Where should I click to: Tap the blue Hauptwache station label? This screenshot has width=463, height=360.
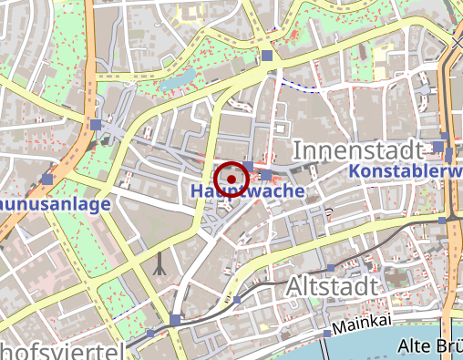click(x=246, y=191)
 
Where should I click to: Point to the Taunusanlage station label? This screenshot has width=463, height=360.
click(x=55, y=203)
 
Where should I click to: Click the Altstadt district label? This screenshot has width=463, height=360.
click(x=331, y=287)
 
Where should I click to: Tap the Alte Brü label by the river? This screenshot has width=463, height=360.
click(x=430, y=345)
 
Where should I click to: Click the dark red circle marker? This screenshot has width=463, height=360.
click(x=233, y=178)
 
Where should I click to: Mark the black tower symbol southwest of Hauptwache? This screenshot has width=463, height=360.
click(x=159, y=263)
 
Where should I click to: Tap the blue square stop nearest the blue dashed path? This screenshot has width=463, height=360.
click(x=266, y=57)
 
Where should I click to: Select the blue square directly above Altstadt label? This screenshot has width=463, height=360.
click(x=330, y=267)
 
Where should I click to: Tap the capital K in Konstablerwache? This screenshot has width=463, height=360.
click(x=355, y=171)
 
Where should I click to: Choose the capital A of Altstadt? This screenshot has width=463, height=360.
click(x=294, y=287)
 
